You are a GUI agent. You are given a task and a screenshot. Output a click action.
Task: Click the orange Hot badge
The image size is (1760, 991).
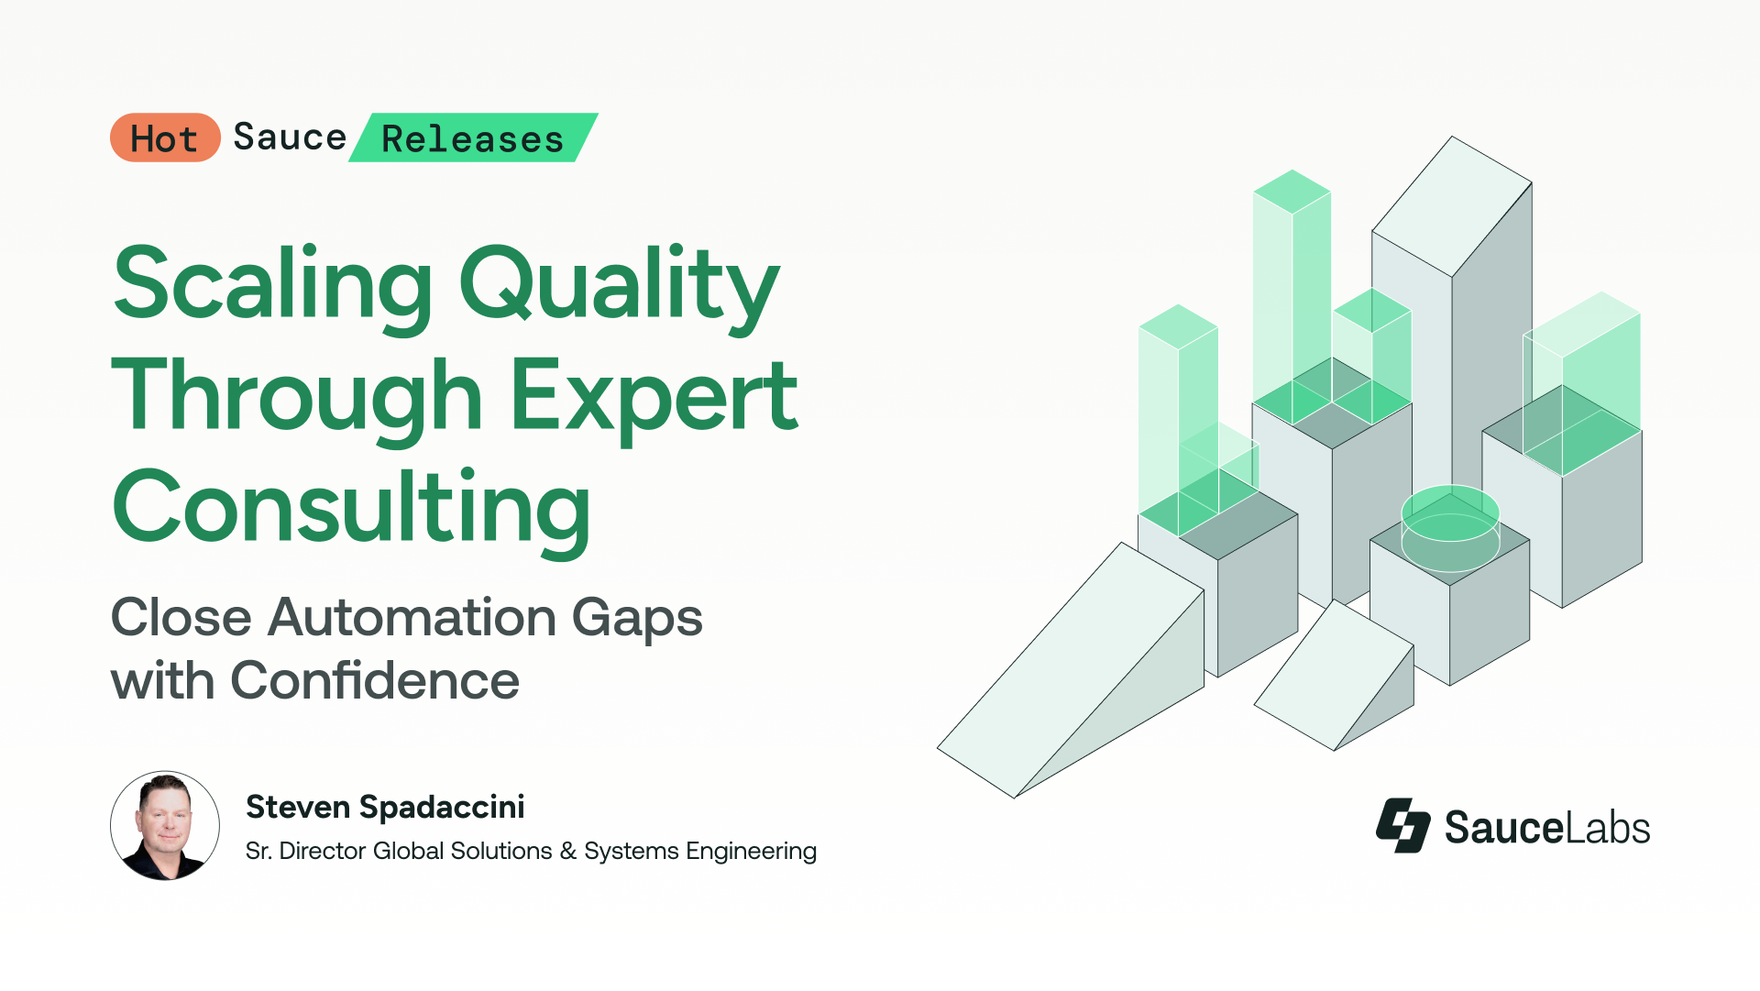tap(165, 138)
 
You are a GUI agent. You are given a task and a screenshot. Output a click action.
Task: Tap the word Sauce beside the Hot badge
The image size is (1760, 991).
tap(290, 138)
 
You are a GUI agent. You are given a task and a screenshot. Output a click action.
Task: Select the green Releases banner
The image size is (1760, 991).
tap(473, 138)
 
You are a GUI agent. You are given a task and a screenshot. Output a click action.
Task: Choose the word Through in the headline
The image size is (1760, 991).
tap(297, 395)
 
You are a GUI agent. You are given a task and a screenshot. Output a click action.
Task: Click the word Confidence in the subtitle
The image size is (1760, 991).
tap(375, 680)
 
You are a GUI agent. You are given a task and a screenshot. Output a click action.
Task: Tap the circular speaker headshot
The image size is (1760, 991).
tap(165, 825)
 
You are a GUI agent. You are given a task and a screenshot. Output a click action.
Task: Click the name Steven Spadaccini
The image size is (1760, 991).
tap(385, 807)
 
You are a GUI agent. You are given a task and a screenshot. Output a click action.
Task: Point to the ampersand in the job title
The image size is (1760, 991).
tap(568, 852)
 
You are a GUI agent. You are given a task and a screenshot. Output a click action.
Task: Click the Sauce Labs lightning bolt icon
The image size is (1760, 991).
tap(1403, 825)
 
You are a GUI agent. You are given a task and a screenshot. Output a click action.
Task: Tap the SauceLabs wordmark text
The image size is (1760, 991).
tap(1547, 827)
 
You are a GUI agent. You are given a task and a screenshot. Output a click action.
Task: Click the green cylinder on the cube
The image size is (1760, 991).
tap(1450, 527)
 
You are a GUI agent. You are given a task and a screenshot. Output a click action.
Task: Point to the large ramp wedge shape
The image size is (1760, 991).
tap(1071, 670)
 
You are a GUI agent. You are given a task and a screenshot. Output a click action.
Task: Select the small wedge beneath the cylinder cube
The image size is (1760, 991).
tap(1334, 676)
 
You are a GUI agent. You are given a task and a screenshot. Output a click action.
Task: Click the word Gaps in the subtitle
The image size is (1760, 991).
tap(637, 619)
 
